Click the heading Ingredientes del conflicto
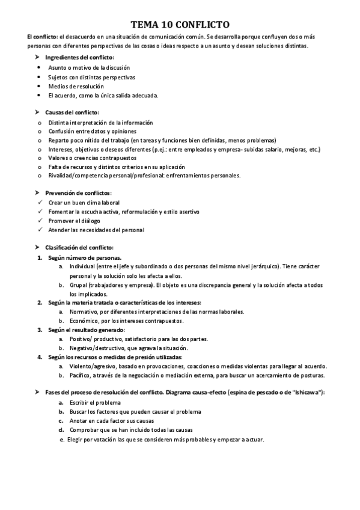tap(84, 57)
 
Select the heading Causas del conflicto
tap(72, 112)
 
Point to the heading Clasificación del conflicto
tap(79, 248)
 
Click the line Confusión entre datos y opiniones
tap(92, 131)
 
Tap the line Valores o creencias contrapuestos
tap(97, 158)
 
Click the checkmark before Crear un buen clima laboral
tap(39, 203)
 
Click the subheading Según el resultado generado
tap(87, 330)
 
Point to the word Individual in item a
tap(83, 266)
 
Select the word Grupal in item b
tap(79, 284)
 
